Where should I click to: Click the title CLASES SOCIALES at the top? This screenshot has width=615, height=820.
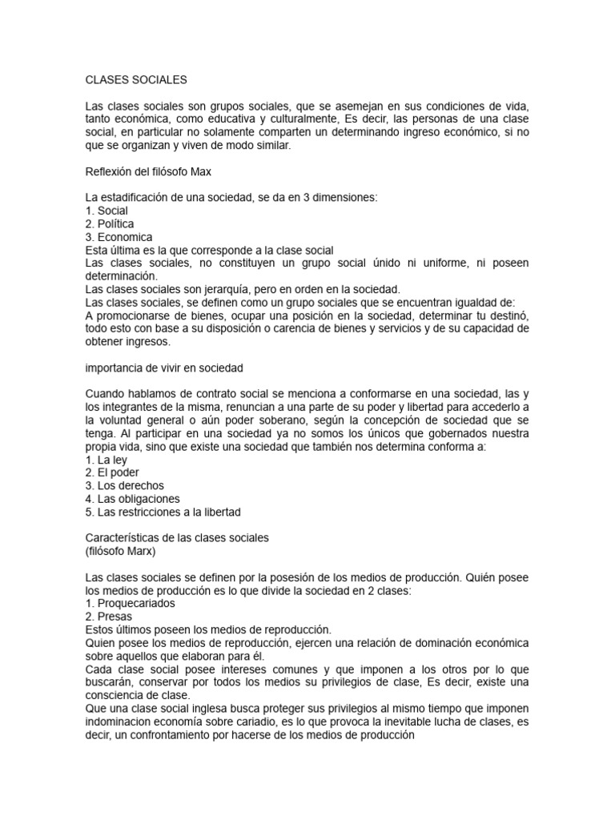[135, 80]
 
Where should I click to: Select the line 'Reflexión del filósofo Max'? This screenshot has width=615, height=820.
[148, 171]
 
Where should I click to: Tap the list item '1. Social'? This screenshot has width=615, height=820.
[107, 210]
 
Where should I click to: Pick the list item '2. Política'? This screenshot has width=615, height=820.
[110, 223]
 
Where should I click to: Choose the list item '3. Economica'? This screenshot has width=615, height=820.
[119, 237]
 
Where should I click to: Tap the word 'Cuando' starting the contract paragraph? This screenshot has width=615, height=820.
[106, 393]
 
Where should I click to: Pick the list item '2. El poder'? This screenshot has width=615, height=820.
[113, 472]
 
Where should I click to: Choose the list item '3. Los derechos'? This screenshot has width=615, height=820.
[124, 485]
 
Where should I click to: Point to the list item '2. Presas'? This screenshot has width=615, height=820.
[109, 616]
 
